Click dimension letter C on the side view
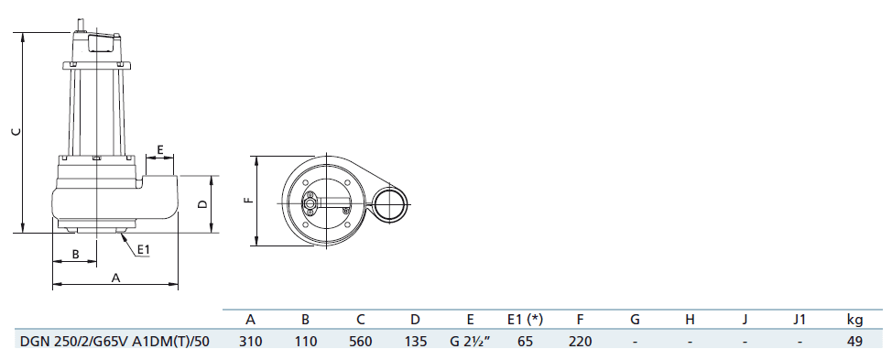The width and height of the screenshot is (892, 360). (16, 132)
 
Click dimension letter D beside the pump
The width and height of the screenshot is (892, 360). (202, 204)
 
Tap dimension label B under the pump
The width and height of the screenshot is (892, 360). (75, 254)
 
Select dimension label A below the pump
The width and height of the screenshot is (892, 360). (115, 278)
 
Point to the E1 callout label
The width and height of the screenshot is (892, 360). (144, 249)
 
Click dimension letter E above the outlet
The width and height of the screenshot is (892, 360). (160, 150)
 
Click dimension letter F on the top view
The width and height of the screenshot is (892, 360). (247, 201)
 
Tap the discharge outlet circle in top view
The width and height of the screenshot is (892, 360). (391, 203)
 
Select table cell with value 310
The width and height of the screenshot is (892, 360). (250, 342)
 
